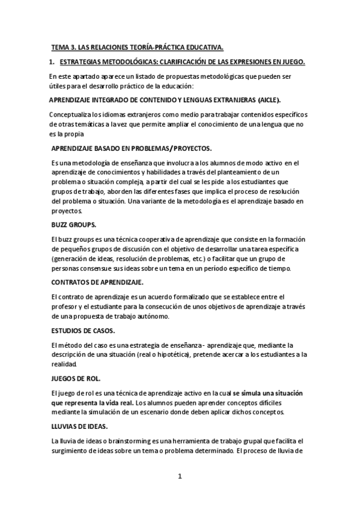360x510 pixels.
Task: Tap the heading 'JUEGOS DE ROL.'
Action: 75,378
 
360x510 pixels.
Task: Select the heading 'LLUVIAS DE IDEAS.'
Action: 79,426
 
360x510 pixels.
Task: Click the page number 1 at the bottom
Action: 179,477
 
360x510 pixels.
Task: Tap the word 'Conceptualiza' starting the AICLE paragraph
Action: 72,114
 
